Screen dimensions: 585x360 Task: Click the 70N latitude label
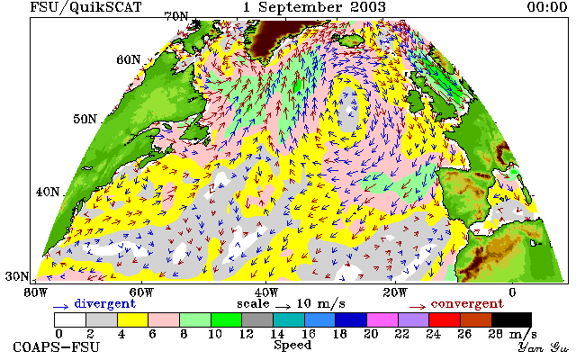pyautogui.click(x=176, y=16)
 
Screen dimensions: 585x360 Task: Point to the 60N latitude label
pyautogui.click(x=129, y=59)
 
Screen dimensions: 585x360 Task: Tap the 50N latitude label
pyautogui.click(x=85, y=119)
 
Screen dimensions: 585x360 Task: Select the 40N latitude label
pyautogui.click(x=48, y=192)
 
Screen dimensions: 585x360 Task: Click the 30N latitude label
pyautogui.click(x=17, y=276)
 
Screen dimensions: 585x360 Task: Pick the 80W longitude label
pyautogui.click(x=36, y=292)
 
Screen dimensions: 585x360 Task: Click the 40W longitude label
pyautogui.click(x=265, y=292)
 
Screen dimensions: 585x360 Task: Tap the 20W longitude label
pyautogui.click(x=395, y=292)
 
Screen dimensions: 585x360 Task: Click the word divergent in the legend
pyautogui.click(x=104, y=303)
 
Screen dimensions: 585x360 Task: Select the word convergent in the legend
pyautogui.click(x=467, y=303)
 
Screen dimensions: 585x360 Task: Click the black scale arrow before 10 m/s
pyautogui.click(x=283, y=307)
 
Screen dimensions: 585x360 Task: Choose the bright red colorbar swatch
pyautogui.click(x=445, y=320)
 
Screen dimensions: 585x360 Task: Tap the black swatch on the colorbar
pyautogui.click(x=511, y=320)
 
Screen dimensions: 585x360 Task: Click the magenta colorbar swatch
pyautogui.click(x=382, y=320)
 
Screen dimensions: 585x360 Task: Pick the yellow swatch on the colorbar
pyautogui.click(x=133, y=320)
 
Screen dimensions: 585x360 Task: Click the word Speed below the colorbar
pyautogui.click(x=292, y=345)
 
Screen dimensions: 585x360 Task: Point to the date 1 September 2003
pyautogui.click(x=314, y=7)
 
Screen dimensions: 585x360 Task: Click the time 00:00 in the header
pyautogui.click(x=547, y=7)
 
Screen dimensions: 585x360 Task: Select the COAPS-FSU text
pyautogui.click(x=57, y=347)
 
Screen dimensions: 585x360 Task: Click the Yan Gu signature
pyautogui.click(x=544, y=347)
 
